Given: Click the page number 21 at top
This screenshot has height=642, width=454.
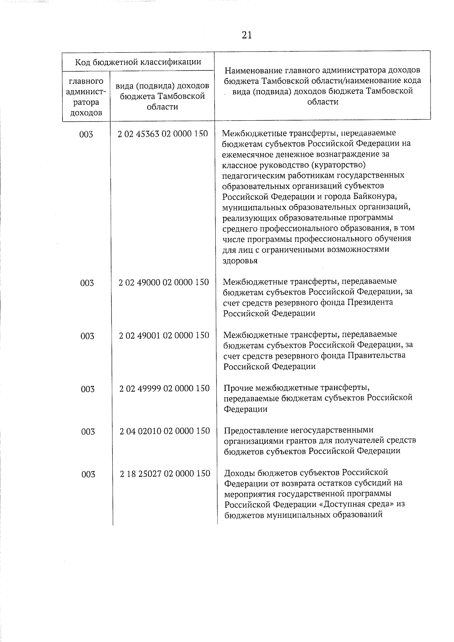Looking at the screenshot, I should (x=246, y=35).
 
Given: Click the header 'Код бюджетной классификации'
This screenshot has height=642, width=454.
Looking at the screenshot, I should (x=138, y=62).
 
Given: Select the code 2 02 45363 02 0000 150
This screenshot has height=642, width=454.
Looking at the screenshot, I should (x=163, y=134).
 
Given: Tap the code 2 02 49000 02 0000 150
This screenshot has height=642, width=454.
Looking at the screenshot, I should (x=163, y=282).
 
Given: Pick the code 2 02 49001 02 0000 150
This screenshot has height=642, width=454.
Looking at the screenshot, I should (x=164, y=336).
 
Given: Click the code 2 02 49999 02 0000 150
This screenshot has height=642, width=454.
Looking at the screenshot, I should (x=164, y=389).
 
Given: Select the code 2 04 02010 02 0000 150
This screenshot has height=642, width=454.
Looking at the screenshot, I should (x=165, y=431).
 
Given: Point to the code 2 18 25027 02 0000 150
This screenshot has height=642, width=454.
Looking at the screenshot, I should (x=165, y=473).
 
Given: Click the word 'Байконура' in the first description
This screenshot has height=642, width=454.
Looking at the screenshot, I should (x=375, y=197).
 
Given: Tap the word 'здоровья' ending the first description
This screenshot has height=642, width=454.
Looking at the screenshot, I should (x=240, y=260).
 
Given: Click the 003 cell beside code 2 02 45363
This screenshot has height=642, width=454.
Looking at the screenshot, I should (x=86, y=134).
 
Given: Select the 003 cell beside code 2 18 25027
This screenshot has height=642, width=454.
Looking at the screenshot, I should (x=88, y=474).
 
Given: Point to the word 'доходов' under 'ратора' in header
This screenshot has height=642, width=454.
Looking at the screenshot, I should (x=86, y=113).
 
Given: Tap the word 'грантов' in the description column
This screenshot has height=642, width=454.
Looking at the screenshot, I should (x=309, y=441).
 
